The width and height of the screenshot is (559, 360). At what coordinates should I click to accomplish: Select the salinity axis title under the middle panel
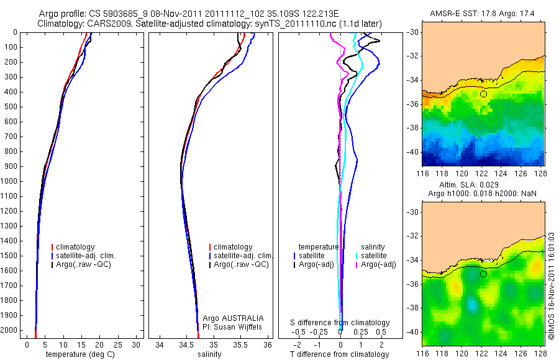tap(208, 354)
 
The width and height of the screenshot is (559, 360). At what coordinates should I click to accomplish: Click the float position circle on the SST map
tap(483, 94)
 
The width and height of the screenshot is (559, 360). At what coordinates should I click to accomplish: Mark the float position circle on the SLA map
tap(483, 274)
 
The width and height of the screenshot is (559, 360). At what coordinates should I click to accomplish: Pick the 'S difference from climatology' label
tap(340, 323)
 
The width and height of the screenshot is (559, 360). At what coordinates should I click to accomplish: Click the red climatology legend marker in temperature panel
tap(52, 247)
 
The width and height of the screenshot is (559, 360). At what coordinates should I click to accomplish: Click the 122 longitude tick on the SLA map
tap(480, 353)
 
